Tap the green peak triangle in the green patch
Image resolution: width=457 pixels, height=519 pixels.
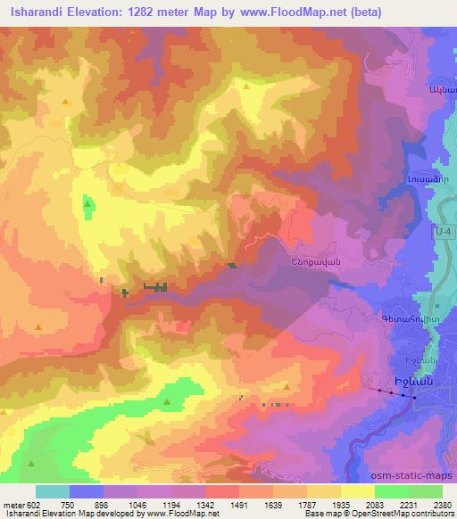point(87,205)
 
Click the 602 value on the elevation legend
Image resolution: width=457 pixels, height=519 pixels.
point(34,506)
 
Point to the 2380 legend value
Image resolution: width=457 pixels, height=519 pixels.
point(443,506)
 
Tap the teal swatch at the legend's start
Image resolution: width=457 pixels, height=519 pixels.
point(52,491)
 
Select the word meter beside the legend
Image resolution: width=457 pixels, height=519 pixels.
point(12,506)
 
